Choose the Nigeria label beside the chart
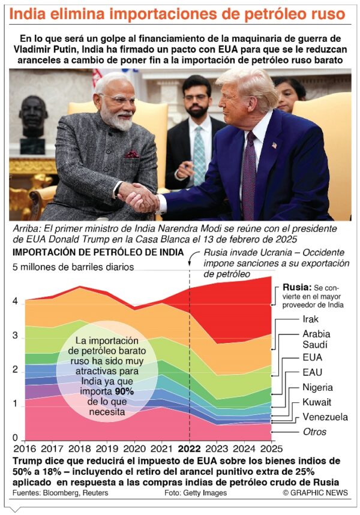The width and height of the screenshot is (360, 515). tap(318, 387)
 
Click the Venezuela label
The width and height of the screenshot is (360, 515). tap(325, 417)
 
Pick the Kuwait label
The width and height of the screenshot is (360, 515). tap(316, 402)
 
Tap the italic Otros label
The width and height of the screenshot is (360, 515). tap(314, 432)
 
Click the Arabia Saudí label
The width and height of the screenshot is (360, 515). tap(316, 339)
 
